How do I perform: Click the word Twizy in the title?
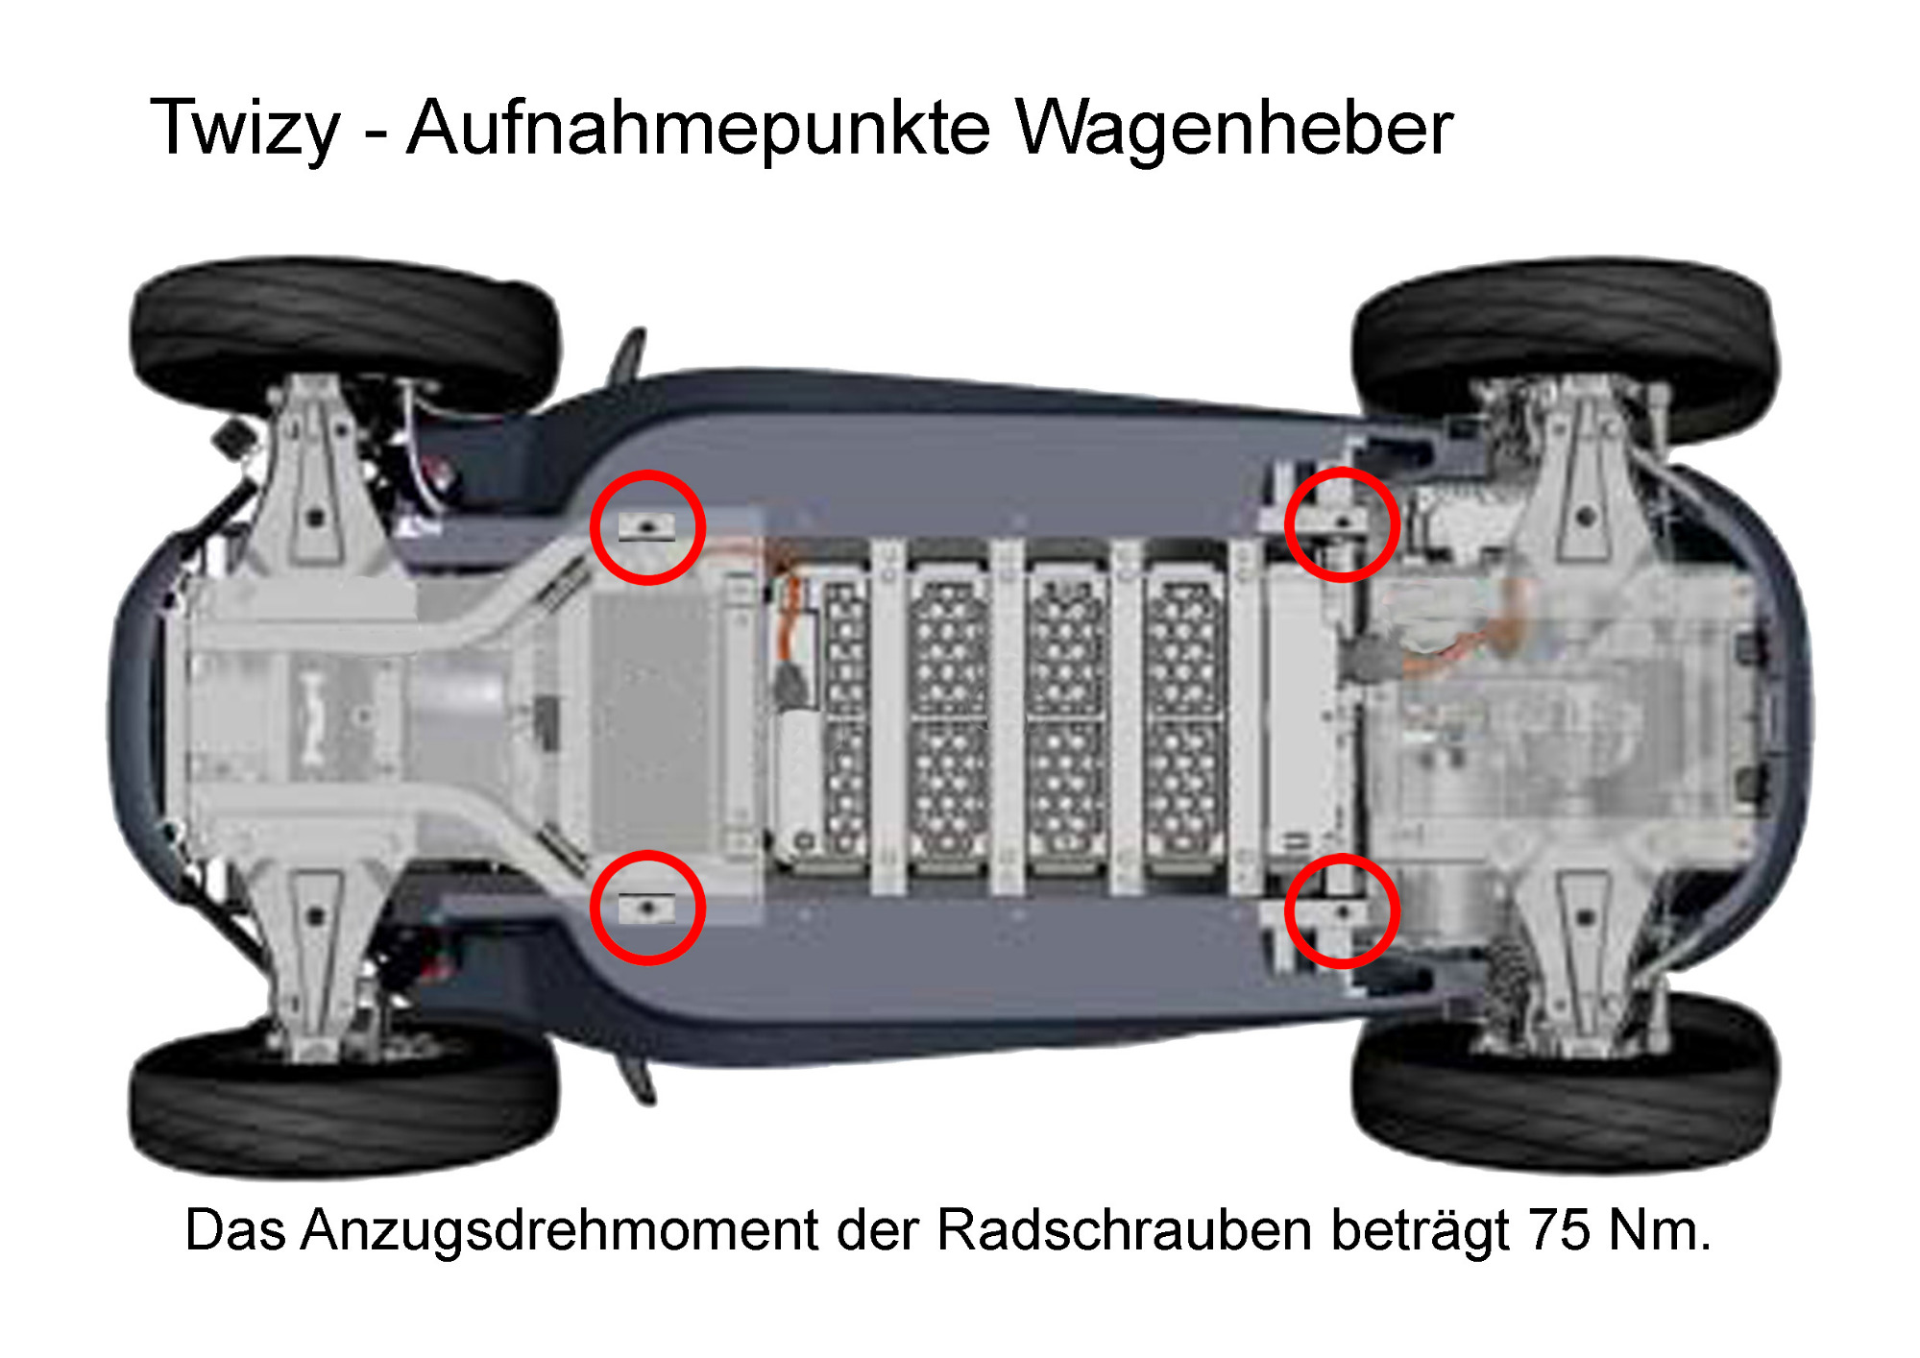pos(245,129)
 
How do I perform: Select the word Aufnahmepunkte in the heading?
pos(698,128)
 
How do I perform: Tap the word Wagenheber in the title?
pos(1234,128)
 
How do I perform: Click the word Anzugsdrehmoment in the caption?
pos(559,1230)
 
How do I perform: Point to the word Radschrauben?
pos(1124,1229)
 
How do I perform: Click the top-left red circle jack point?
pos(647,473)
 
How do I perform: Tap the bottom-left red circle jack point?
pos(647,853)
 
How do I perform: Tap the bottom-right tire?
pos(1566,1095)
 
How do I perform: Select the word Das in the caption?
pos(234,1230)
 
